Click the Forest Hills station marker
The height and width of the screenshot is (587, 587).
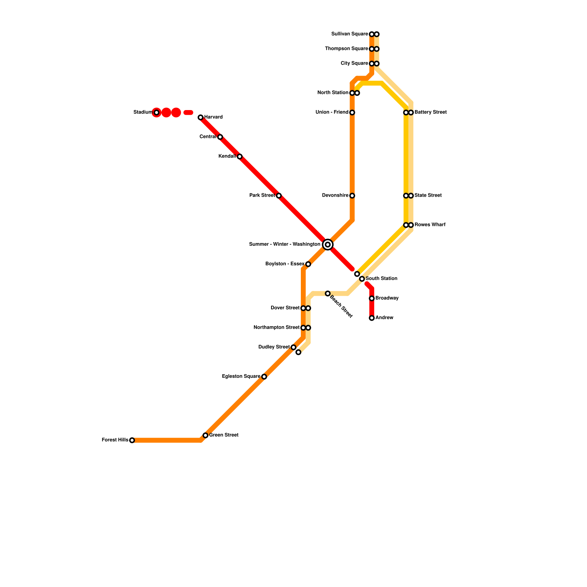[132, 440]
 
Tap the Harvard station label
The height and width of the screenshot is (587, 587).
[214, 117]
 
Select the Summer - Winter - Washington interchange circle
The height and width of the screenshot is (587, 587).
[328, 245]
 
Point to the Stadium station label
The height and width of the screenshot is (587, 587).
[143, 112]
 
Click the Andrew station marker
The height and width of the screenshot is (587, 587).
[372, 318]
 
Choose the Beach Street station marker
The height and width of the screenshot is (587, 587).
[328, 293]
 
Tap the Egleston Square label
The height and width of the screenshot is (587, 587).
[241, 376]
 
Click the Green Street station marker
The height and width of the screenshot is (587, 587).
[205, 435]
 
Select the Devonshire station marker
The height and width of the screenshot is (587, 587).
[352, 196]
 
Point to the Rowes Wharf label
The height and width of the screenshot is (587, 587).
[430, 225]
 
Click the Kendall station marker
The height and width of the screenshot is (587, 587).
[240, 157]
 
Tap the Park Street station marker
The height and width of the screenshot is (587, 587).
[279, 196]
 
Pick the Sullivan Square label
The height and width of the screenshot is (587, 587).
[349, 34]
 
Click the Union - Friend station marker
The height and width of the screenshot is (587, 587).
[352, 113]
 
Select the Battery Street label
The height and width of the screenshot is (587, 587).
[431, 112]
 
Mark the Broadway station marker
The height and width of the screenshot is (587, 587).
[372, 298]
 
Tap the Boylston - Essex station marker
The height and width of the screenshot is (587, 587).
[308, 264]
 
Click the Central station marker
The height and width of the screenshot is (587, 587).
[220, 137]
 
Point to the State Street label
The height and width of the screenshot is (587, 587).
[428, 196]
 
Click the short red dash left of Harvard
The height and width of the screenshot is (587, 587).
[188, 113]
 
